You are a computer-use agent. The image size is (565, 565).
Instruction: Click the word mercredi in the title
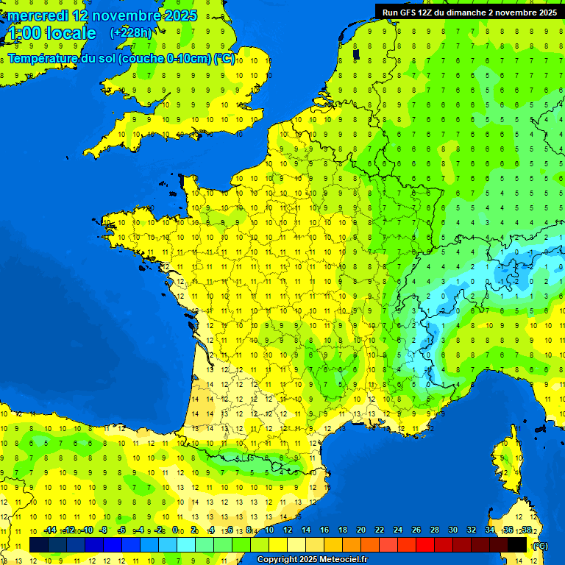pyautogui.click(x=40, y=15)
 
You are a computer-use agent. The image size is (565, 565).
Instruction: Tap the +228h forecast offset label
pyautogui.click(x=130, y=32)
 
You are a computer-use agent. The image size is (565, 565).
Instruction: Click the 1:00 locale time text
pyautogui.click(x=51, y=33)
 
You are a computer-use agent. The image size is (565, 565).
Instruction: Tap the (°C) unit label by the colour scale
pyautogui.click(x=539, y=545)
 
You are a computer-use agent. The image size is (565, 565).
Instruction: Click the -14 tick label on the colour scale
pyautogui.click(x=50, y=530)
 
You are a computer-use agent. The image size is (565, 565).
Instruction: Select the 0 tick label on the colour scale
pyautogui.click(x=175, y=530)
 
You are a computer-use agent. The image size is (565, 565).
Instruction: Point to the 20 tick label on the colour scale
pyautogui.click(x=360, y=530)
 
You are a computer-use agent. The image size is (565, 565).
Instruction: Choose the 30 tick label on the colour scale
pyautogui.click(x=452, y=530)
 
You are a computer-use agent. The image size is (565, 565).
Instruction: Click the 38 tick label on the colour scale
pyautogui.click(x=526, y=530)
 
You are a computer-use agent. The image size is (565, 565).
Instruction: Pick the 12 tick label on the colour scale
pyautogui.click(x=287, y=530)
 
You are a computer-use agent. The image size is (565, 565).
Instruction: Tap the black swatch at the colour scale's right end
pyautogui.click(x=518, y=544)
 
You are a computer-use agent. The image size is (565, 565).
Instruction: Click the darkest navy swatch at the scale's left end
pyautogui.click(x=39, y=544)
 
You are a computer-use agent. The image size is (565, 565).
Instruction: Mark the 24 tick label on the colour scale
pyautogui.click(x=397, y=530)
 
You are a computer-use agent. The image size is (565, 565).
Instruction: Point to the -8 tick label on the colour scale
pyautogui.click(x=104, y=530)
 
